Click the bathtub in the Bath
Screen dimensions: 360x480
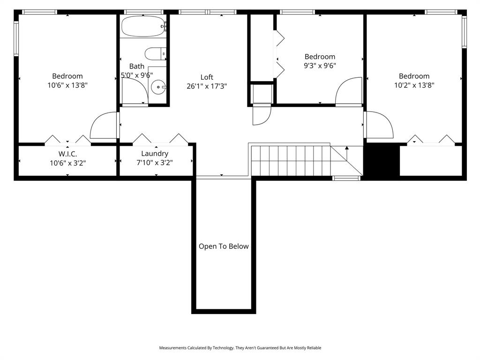143,26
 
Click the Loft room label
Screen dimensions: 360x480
207,77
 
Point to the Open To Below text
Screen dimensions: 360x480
224,247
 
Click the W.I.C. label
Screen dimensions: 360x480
67,154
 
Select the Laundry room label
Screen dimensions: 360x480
155,154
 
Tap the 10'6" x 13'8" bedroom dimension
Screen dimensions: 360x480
67,85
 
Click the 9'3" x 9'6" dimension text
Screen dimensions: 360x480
320,66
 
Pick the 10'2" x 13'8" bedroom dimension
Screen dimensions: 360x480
414,85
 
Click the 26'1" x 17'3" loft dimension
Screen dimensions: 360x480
207,86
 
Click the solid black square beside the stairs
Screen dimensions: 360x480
382,160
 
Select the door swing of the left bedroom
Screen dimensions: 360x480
103,125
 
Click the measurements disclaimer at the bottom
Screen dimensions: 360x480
240,348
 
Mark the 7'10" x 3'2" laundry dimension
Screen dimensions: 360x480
155,163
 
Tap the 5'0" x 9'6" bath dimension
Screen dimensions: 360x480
137,75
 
